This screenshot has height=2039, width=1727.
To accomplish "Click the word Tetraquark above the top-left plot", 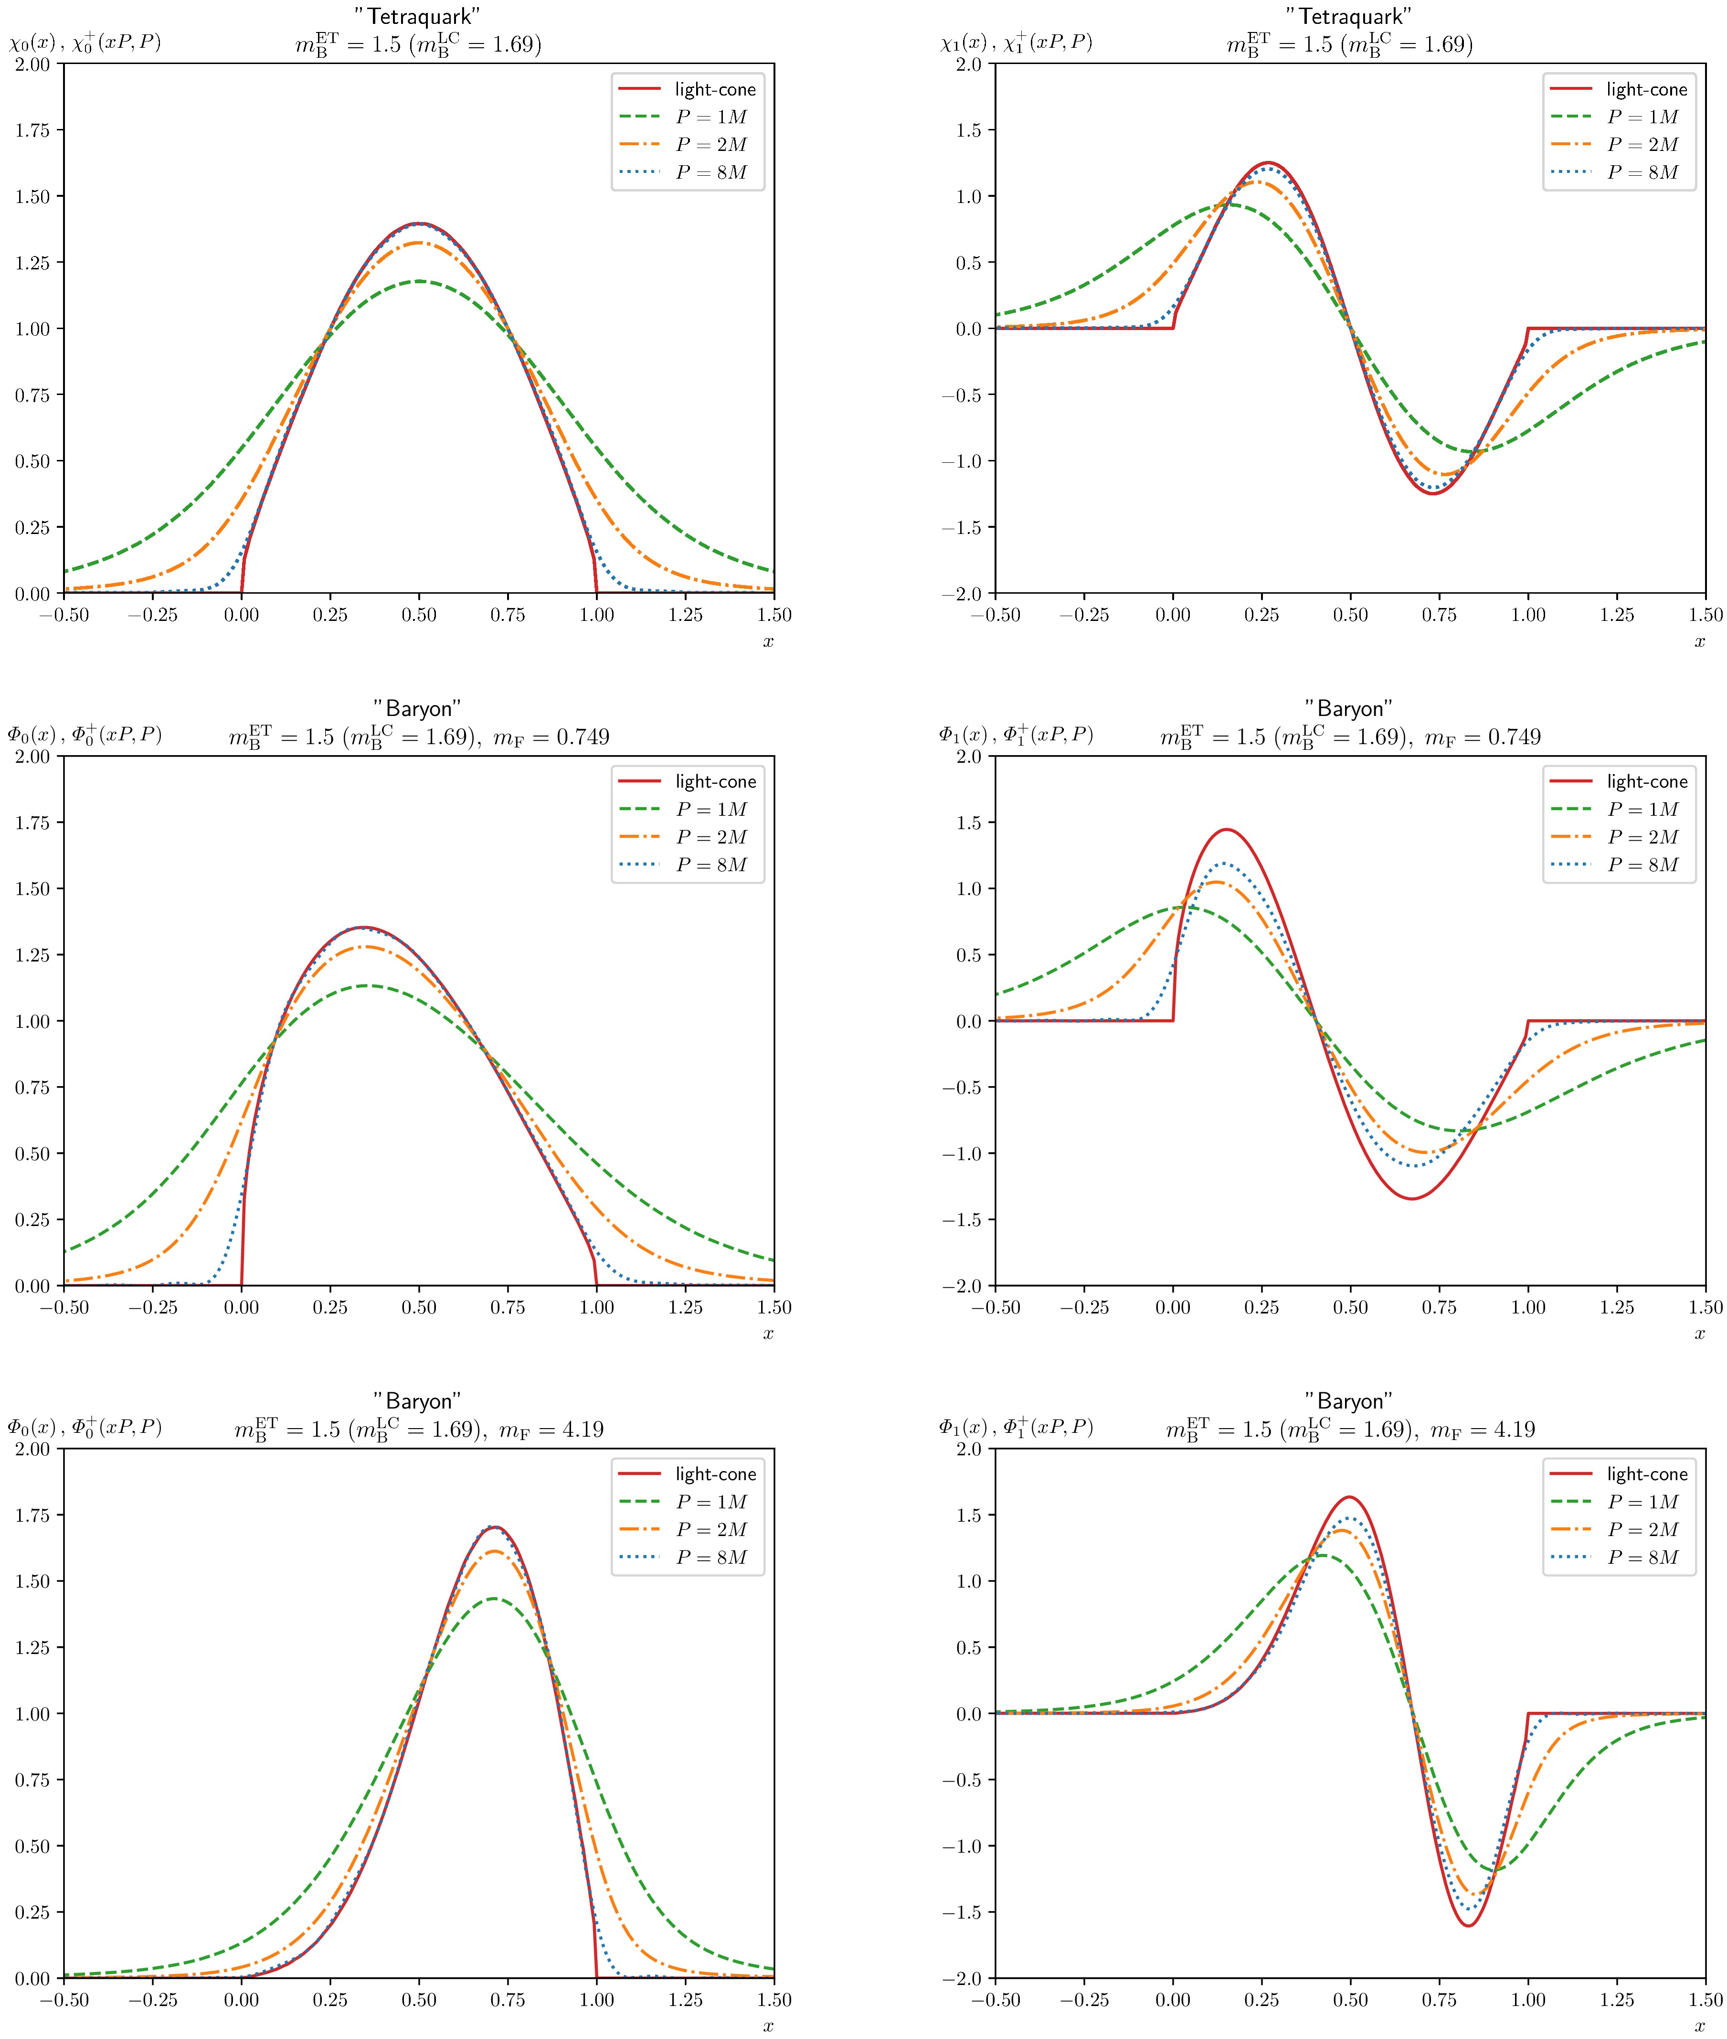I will [418, 17].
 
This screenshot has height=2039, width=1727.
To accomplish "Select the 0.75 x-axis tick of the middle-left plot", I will [507, 1307].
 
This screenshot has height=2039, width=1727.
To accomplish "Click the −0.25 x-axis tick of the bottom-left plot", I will [153, 2000].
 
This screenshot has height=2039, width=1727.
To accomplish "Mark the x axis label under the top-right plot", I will [1700, 641].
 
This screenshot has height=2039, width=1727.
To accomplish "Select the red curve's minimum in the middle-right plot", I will [1413, 1199].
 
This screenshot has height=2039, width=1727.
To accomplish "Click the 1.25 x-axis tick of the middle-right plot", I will [1616, 1307].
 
